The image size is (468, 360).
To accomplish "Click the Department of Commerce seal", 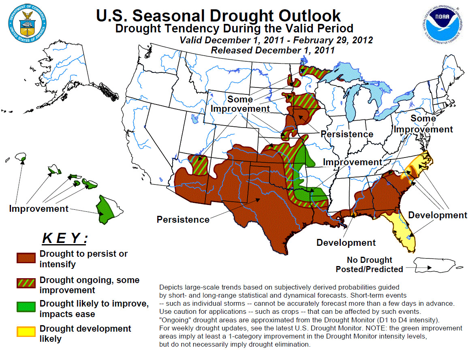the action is click(28, 23).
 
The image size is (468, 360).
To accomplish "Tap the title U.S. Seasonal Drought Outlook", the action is click(218, 15).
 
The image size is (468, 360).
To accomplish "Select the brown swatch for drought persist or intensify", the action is click(26, 258).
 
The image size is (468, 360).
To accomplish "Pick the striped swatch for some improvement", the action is click(26, 283).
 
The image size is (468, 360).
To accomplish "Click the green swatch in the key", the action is click(26, 307).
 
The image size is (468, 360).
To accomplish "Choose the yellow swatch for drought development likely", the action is click(26, 332).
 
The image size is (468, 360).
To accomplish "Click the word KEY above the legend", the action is click(65, 238).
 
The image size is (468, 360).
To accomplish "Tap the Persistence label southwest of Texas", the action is click(183, 219).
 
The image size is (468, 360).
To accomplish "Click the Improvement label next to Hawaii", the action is click(39, 209).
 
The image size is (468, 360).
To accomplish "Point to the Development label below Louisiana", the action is click(346, 243).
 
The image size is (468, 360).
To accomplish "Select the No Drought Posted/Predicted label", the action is click(370, 264).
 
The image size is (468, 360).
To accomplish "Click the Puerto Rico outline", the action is click(434, 265).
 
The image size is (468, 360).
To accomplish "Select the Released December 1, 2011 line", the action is click(273, 50).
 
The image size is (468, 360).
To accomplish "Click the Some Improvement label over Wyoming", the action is click(240, 104).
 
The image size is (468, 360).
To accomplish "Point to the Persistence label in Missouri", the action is click(347, 134).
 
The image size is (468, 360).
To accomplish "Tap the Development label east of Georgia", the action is click(437, 215).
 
